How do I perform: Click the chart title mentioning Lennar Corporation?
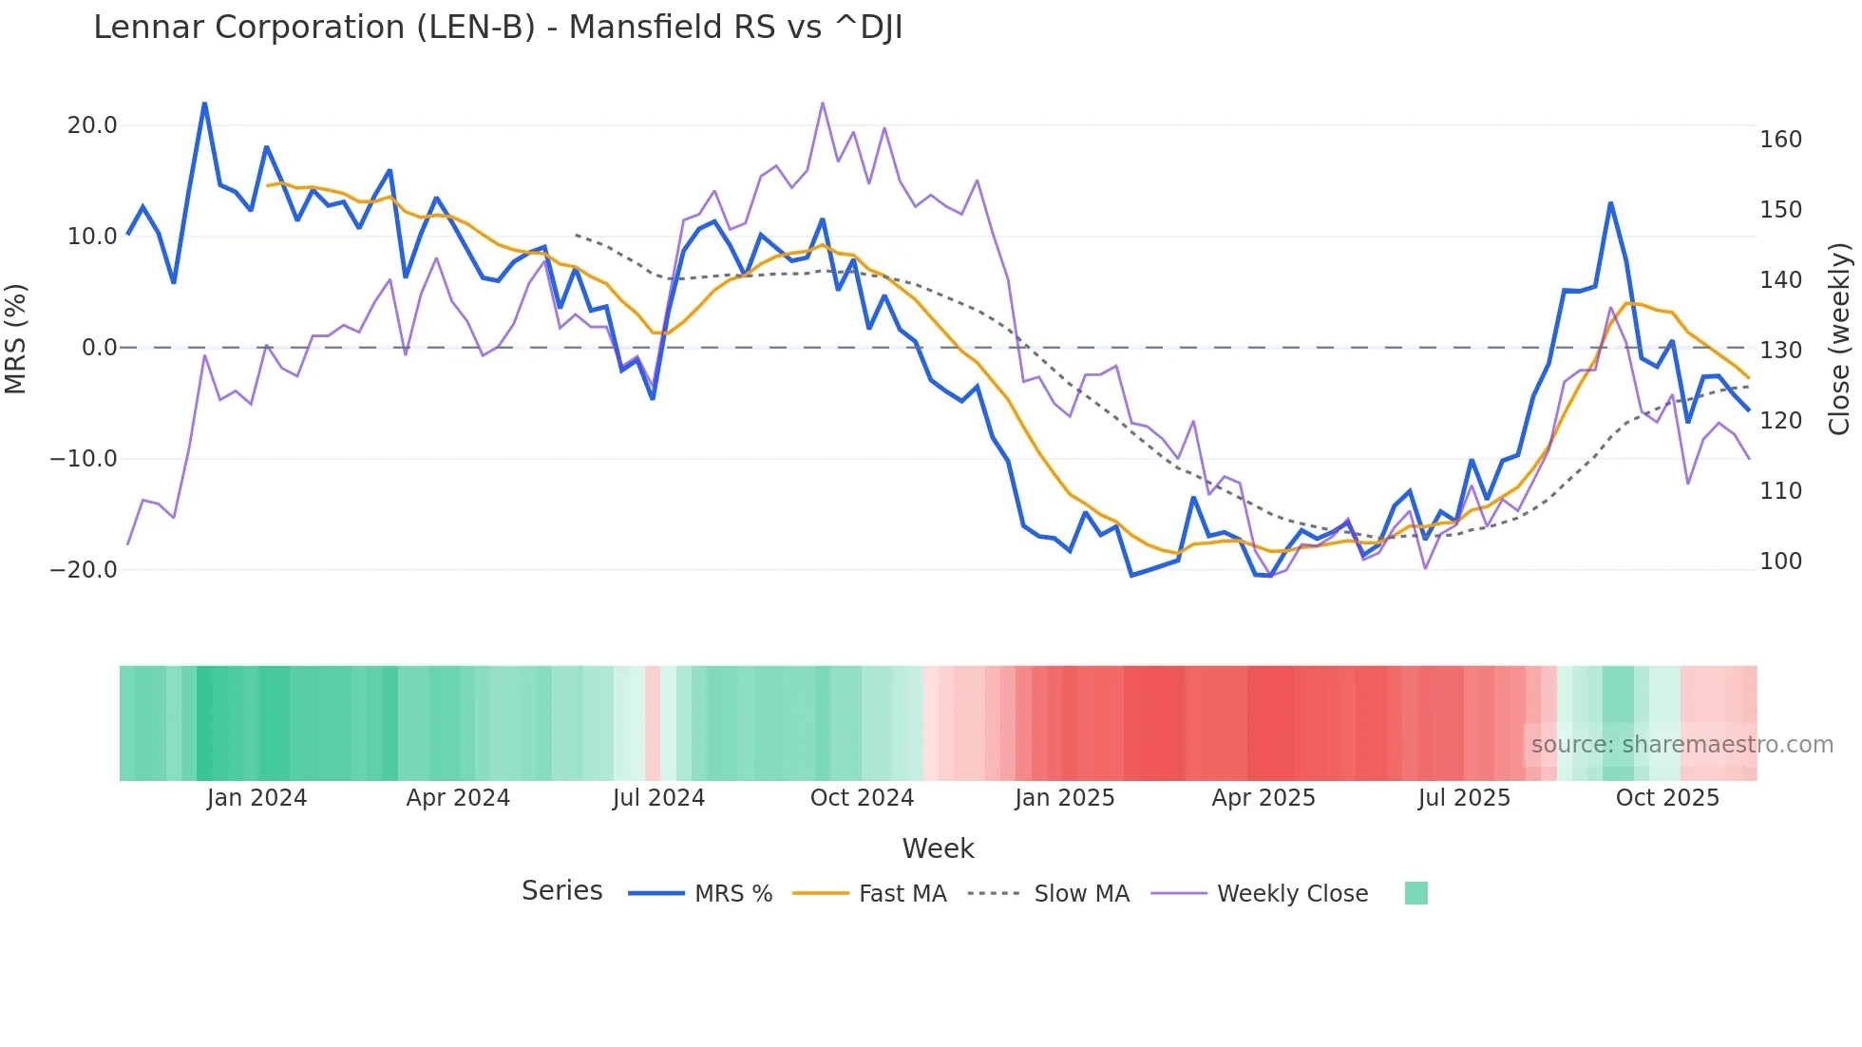tap(498, 28)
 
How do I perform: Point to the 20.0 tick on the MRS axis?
tap(92, 125)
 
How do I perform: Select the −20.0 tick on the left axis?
tap(84, 570)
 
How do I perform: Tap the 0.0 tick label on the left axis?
tap(99, 348)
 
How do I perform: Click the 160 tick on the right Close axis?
tap(1780, 140)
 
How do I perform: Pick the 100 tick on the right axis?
tap(1780, 562)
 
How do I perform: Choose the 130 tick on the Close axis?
tap(1780, 351)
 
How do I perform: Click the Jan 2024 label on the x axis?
tap(256, 798)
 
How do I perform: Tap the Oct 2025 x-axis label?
tap(1667, 798)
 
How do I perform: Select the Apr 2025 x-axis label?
tap(1263, 798)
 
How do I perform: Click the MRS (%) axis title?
tap(16, 338)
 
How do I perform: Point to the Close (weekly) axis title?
tap(1840, 339)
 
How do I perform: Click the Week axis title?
tap(938, 848)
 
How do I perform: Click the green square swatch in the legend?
tap(1415, 893)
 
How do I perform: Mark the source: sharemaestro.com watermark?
tap(1681, 745)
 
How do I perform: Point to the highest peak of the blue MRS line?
tap(204, 103)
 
